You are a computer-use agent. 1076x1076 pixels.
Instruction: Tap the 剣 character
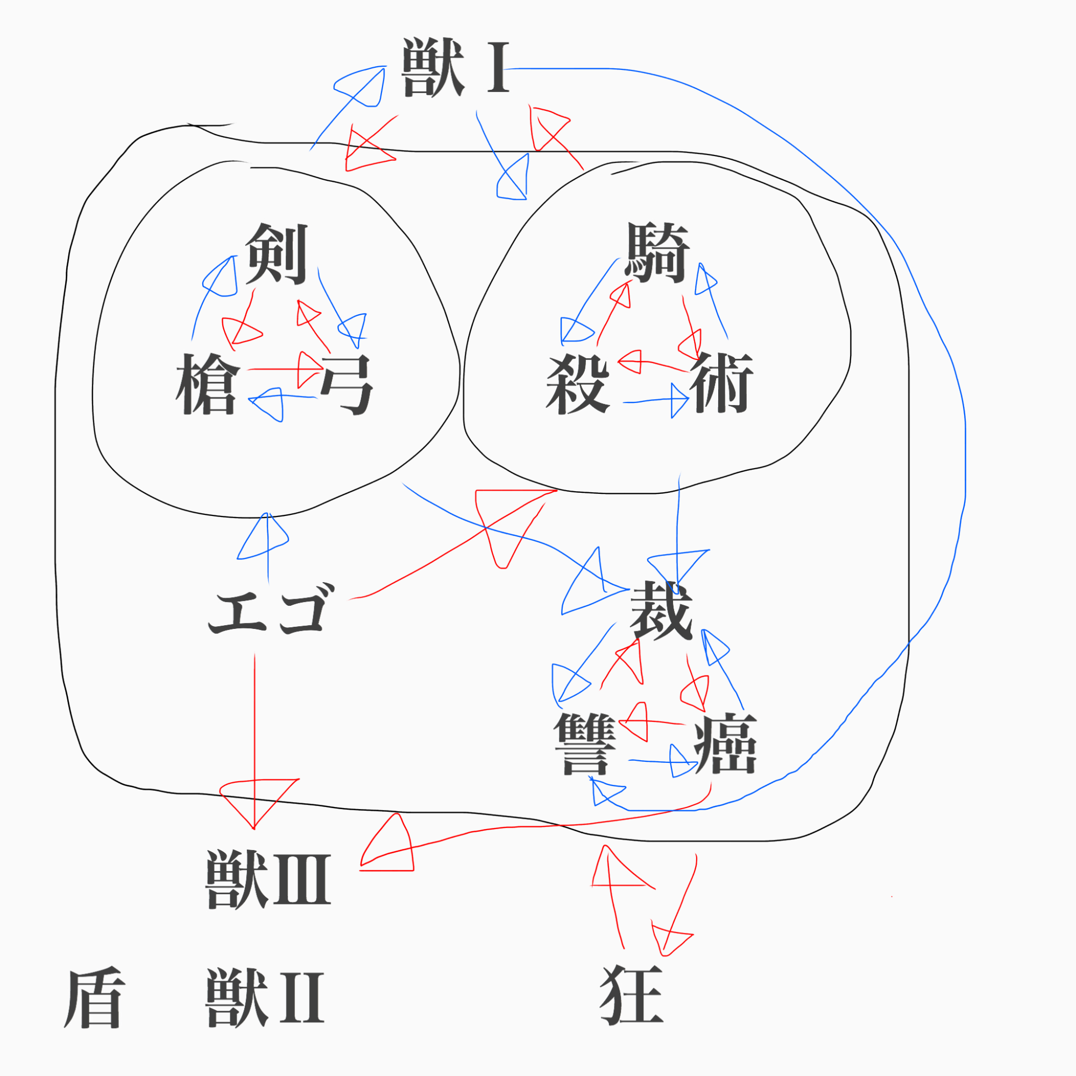pyautogui.click(x=277, y=254)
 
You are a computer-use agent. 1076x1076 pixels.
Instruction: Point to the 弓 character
pyautogui.click(x=346, y=384)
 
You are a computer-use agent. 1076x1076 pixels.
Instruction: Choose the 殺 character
pyautogui.click(x=577, y=384)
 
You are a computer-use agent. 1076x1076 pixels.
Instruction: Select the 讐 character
pyautogui.click(x=585, y=744)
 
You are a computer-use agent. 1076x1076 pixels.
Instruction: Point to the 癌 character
pyautogui.click(x=726, y=744)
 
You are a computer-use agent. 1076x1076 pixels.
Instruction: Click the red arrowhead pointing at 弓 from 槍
pyautogui.click(x=308, y=369)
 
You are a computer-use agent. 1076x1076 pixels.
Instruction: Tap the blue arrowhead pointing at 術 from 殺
pyautogui.click(x=679, y=400)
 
